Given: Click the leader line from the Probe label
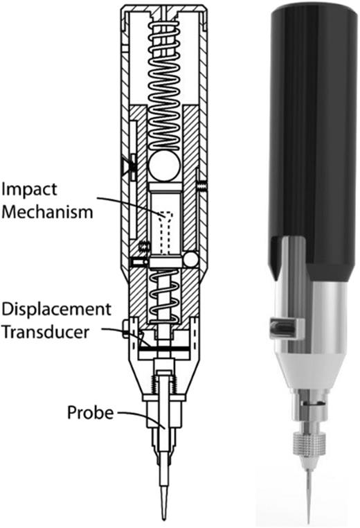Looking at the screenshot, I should (x=135, y=419).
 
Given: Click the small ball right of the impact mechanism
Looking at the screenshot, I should (x=189, y=260).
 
